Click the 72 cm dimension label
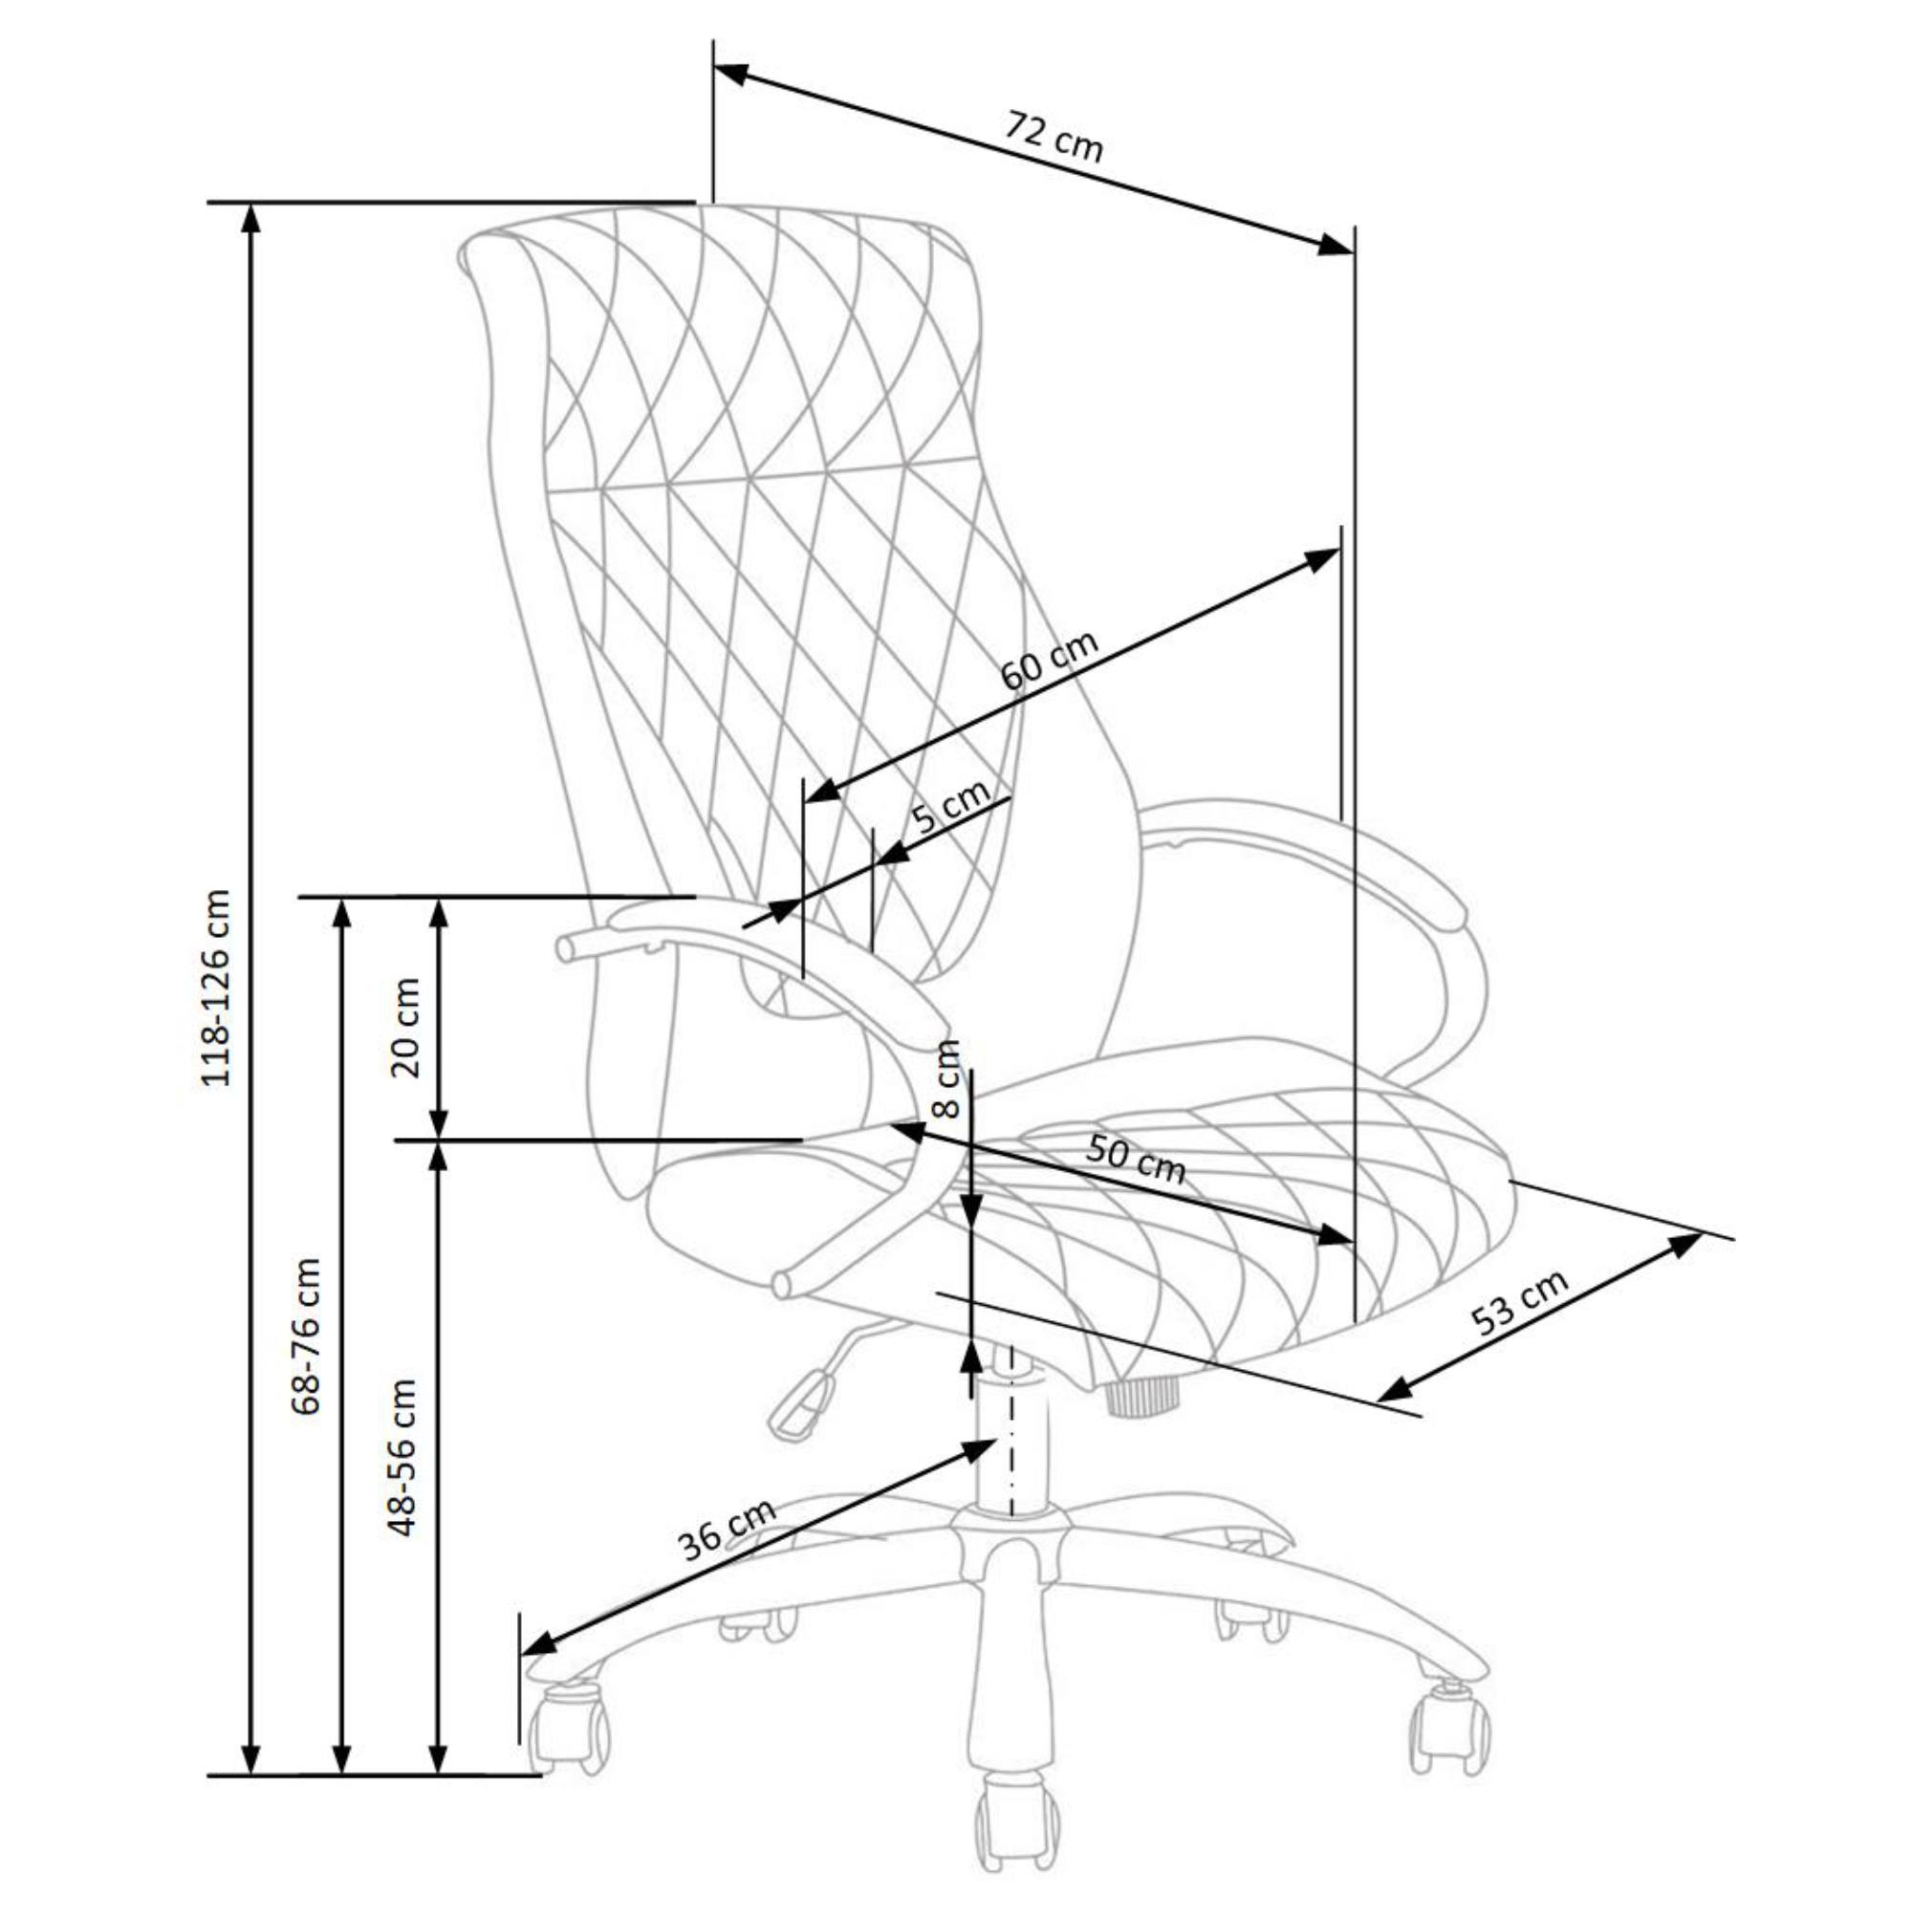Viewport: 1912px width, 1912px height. tap(1053, 136)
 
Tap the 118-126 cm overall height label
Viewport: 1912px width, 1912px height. tap(216, 988)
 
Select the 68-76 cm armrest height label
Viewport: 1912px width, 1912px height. tap(307, 1337)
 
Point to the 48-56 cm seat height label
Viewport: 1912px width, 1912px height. tap(402, 1457)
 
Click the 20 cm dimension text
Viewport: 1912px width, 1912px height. tap(404, 1026)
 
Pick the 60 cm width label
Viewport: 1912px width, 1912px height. tap(1049, 659)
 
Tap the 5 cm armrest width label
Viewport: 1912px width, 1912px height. tap(950, 807)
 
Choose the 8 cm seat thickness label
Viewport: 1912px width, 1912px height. tap(947, 1078)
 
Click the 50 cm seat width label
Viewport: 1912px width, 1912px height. tap(1135, 1159)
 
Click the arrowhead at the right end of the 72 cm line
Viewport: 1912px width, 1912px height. tap(1336, 246)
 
